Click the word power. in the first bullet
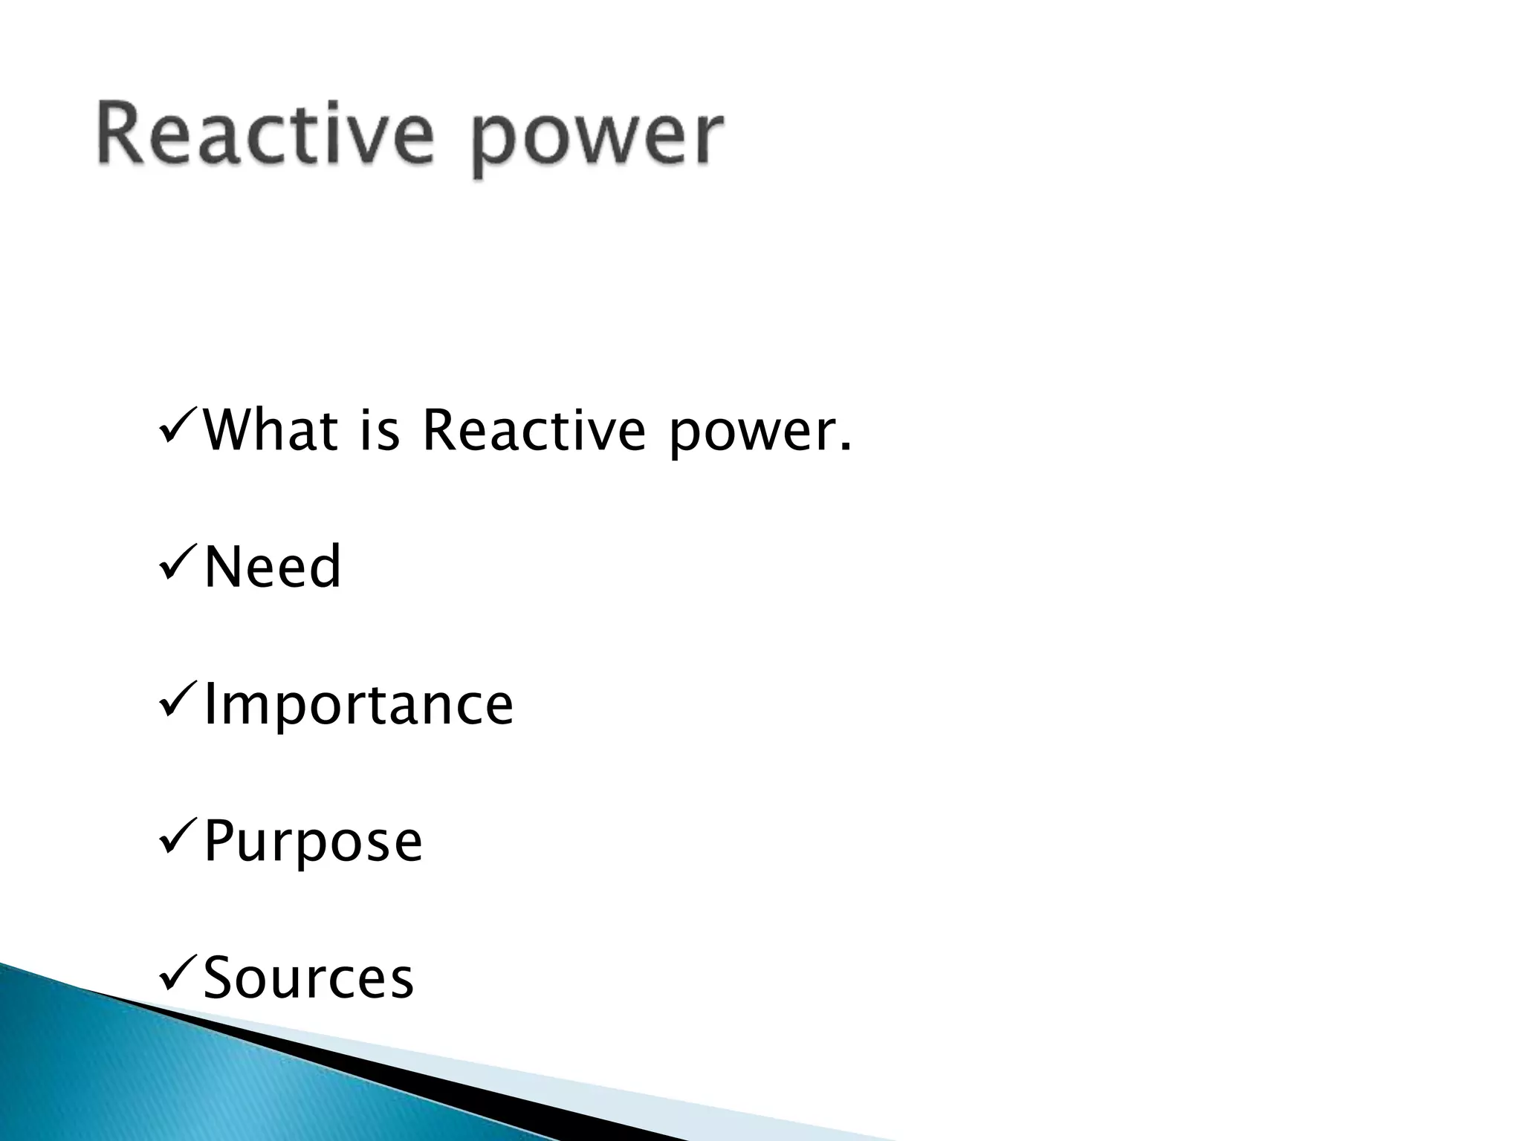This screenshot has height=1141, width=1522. tap(758, 435)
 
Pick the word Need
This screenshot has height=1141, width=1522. tap(272, 567)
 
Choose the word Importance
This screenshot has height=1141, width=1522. tap(358, 706)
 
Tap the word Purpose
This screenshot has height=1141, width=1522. tap(313, 842)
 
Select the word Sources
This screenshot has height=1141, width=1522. tap(308, 978)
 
